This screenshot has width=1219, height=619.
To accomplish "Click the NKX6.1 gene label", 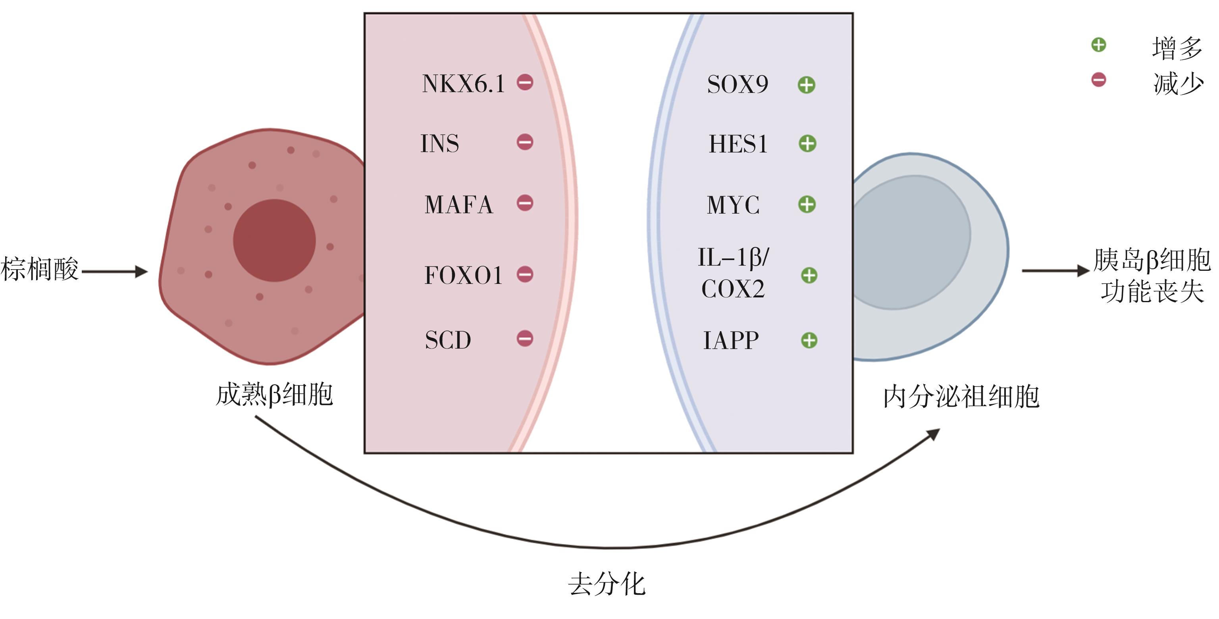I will tap(463, 84).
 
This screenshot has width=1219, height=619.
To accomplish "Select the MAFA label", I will tap(458, 205).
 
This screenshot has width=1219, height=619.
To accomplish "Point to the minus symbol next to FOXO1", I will tap(525, 274).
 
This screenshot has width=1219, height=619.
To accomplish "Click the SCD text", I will tap(448, 340).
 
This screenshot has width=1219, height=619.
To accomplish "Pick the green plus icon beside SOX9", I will tap(806, 85).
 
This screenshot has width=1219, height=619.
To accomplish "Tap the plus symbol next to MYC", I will tap(807, 205).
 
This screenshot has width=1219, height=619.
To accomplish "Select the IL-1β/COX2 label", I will tap(733, 274).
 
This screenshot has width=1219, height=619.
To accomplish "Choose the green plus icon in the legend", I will tap(1098, 45).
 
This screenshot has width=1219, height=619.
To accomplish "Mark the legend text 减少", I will tap(1178, 84).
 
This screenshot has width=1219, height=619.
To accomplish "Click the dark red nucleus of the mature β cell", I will tap(274, 240).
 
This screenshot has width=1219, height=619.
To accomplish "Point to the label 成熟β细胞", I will tap(274, 395).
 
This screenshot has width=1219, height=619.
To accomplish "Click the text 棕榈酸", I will tap(40, 269).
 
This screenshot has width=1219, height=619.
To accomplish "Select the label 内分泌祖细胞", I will tap(961, 397).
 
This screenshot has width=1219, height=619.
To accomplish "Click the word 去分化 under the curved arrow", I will tap(607, 584).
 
